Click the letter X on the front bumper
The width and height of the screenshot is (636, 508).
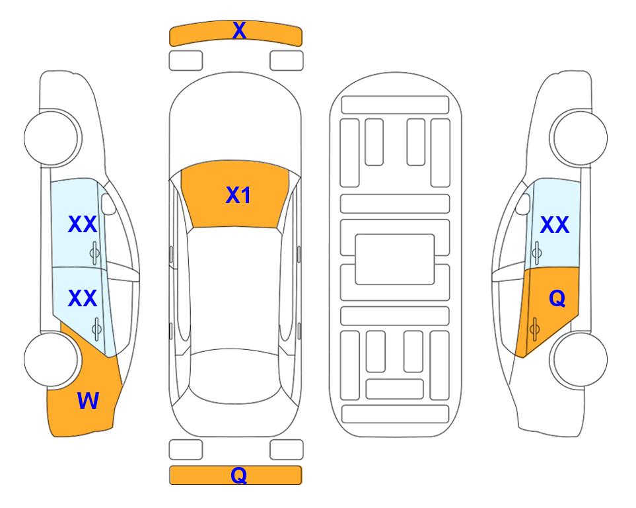pos(239,30)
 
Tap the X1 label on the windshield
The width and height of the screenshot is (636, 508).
pos(238,195)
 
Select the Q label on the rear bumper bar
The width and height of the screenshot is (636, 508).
pos(238,475)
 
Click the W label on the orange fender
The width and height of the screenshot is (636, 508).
pos(88,401)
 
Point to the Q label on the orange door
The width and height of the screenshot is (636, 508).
pos(557,299)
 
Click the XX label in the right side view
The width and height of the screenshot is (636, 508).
pos(555,225)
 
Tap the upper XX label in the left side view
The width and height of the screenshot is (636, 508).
pos(83,224)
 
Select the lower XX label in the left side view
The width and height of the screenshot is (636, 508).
pos(83,298)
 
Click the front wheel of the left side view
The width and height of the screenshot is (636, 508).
pos(52,138)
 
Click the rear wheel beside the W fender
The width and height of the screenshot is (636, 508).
pos(52,359)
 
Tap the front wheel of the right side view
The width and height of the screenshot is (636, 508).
pos(579,138)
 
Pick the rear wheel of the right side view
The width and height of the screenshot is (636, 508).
pos(579,359)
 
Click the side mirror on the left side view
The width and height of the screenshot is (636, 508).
pos(108,204)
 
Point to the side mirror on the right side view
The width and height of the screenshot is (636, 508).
pos(523,204)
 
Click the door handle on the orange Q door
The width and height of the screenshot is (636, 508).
pos(534,329)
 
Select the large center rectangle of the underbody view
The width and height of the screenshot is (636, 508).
pos(395,259)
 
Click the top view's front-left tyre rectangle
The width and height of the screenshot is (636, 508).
pos(186,61)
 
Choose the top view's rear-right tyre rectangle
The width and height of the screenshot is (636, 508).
pos(287,450)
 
